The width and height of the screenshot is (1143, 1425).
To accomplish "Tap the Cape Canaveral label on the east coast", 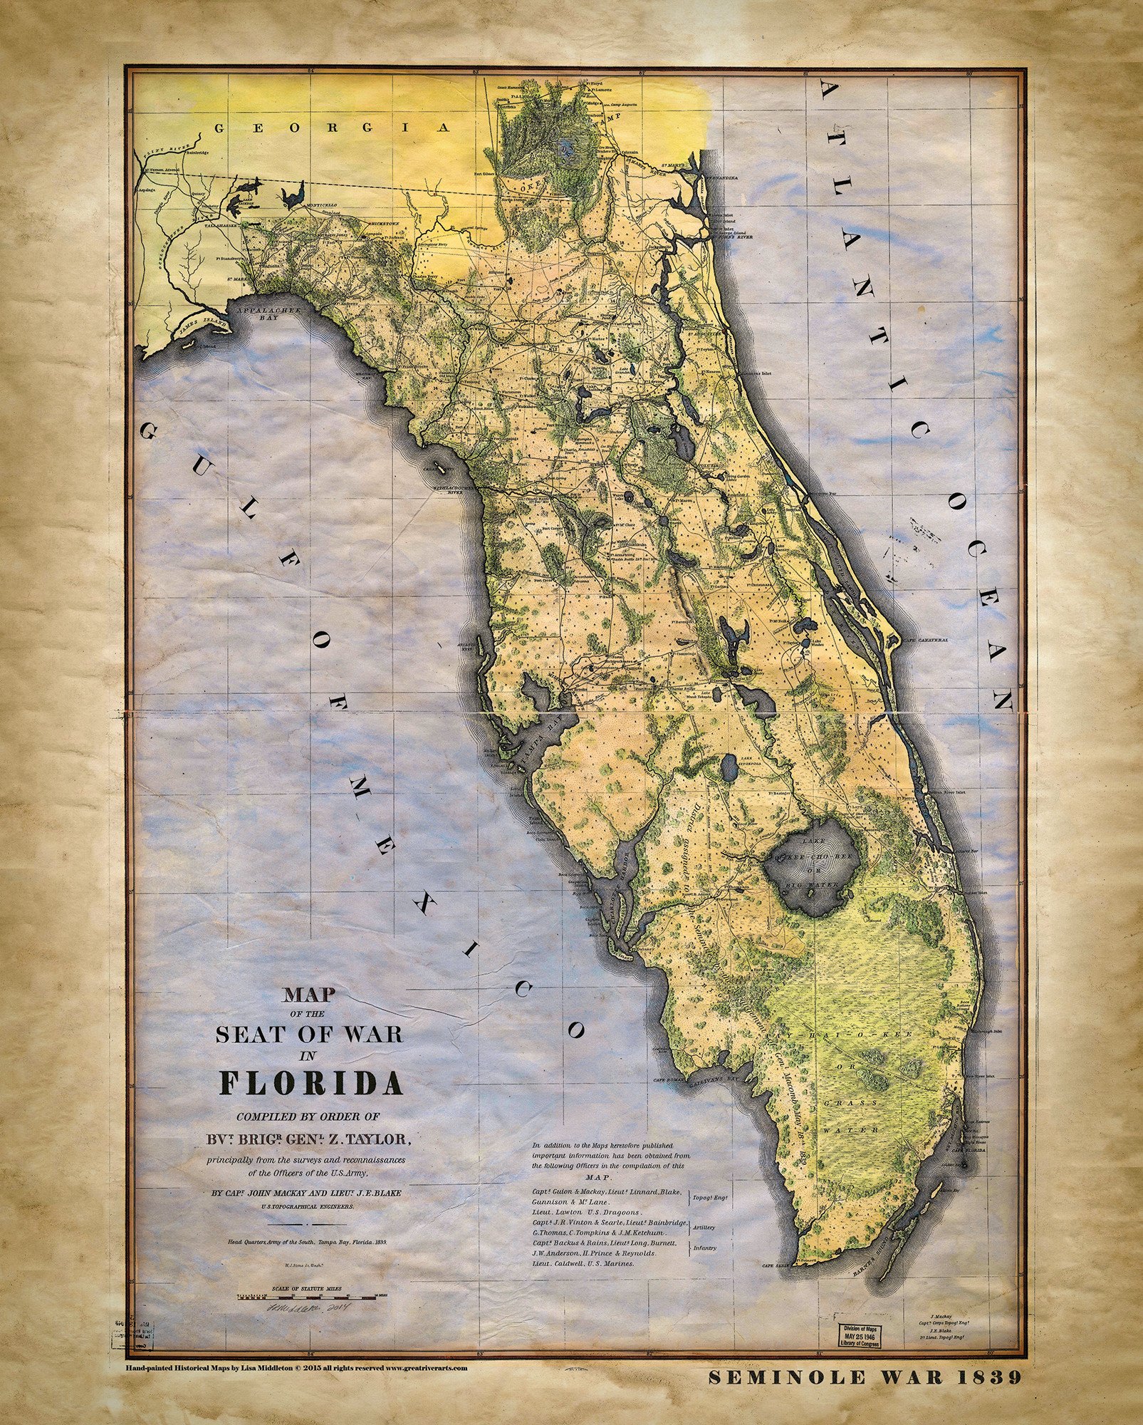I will tap(926, 641).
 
